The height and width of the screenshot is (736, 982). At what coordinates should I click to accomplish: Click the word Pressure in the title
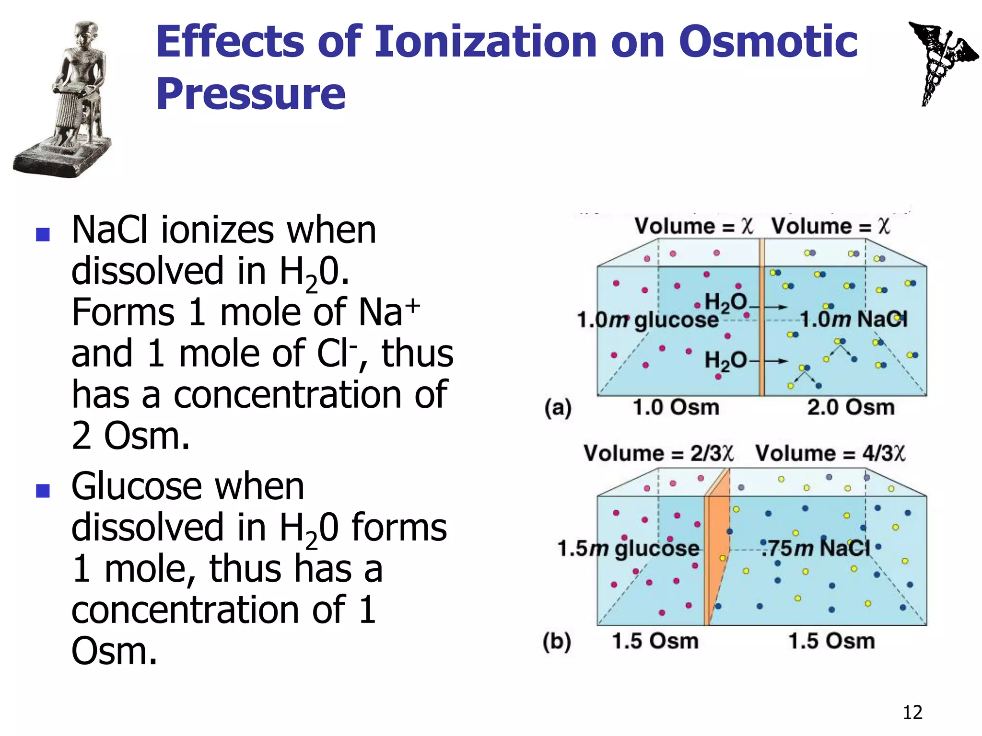[250, 94]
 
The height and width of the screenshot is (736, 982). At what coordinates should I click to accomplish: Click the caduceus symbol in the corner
[942, 62]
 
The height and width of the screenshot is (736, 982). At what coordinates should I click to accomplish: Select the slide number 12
[912, 713]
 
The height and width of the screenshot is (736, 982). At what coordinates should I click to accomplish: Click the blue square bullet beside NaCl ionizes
[43, 234]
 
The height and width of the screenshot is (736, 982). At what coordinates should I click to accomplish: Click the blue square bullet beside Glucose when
[43, 491]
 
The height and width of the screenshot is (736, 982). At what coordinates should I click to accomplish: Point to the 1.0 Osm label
[676, 408]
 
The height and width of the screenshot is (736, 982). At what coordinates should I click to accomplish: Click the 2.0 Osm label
[851, 408]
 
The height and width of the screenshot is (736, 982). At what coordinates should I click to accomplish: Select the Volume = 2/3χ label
[658, 453]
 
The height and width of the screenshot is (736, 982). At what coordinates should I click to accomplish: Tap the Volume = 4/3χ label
[830, 453]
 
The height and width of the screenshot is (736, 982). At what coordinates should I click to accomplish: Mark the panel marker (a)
[558, 408]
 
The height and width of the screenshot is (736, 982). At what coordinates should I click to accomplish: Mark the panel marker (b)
[557, 642]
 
